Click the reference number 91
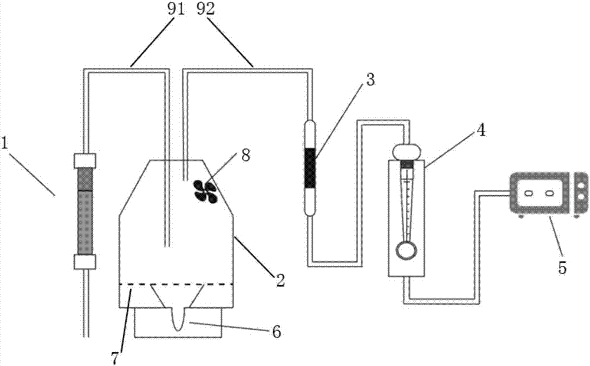point(176,9)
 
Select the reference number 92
point(205,9)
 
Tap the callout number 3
point(371,80)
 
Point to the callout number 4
point(480,130)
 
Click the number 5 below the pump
point(562,268)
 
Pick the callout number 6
point(277,332)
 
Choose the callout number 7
point(115,358)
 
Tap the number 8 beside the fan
point(245,155)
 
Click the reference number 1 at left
point(5,143)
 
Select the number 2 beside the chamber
point(280,281)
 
